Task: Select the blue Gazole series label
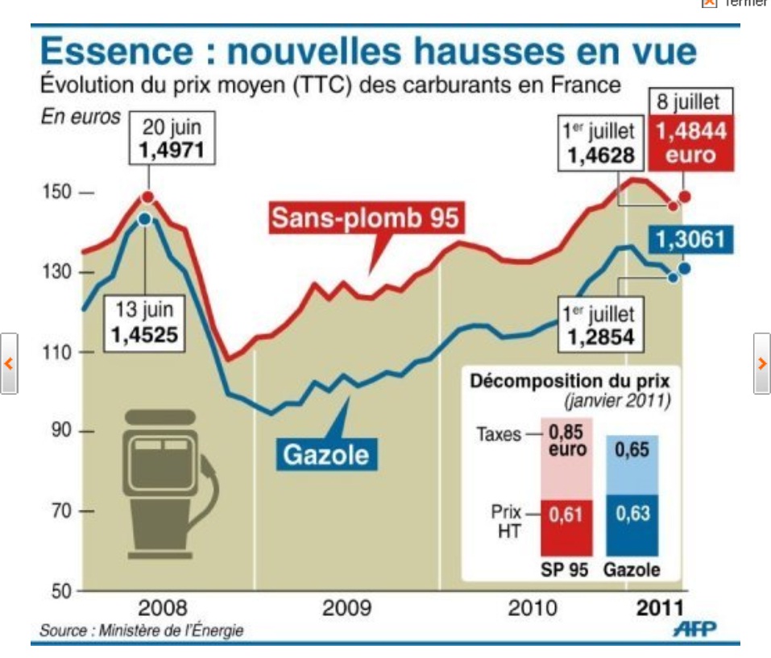click(x=325, y=455)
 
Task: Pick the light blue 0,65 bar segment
click(x=632, y=465)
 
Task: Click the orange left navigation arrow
click(x=9, y=362)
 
